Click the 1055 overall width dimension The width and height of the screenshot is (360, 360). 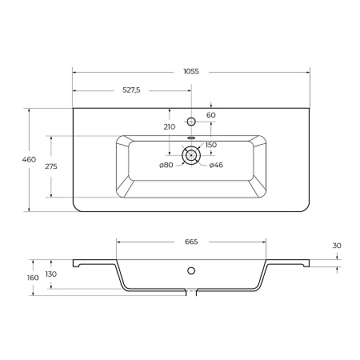[190, 70]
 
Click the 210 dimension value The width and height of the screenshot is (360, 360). [169, 126]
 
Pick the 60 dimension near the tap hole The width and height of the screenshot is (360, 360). [210, 116]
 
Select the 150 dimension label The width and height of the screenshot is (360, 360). [211, 145]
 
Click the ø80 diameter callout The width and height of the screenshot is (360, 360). [166, 165]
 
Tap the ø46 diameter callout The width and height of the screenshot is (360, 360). [215, 165]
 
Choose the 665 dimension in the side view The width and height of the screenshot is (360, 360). [190, 241]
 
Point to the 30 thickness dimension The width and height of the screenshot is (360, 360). [337, 245]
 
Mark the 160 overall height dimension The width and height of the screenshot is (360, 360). [32, 277]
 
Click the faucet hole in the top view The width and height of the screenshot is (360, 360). [190, 121]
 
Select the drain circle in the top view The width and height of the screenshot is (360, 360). [190, 157]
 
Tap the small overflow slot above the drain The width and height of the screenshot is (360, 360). [190, 138]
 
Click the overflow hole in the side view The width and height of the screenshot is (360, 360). [190, 270]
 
